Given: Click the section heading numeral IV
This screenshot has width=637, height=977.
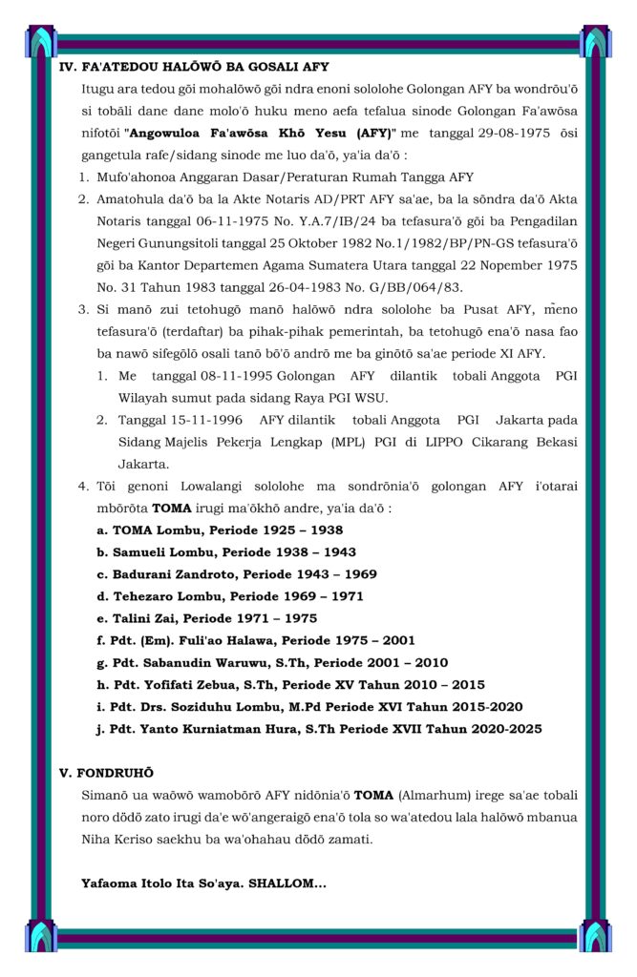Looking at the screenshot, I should pyautogui.click(x=68, y=67).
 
